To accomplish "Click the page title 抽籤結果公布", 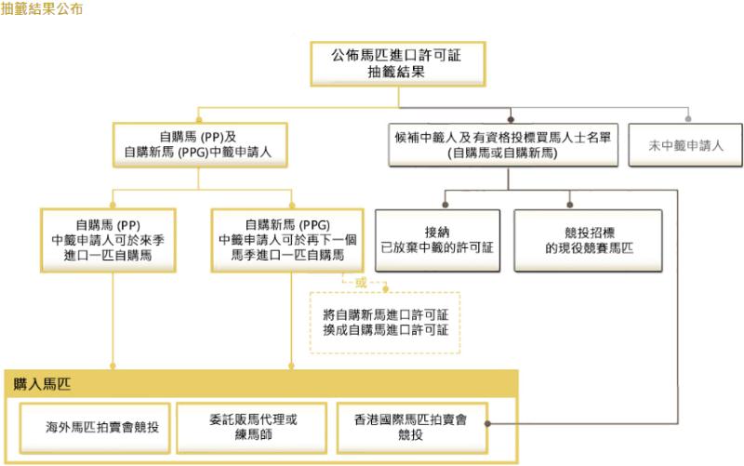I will coord(42,11).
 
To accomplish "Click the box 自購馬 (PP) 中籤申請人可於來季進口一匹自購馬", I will coord(113,239).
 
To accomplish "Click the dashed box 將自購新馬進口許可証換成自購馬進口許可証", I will coord(384,320).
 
